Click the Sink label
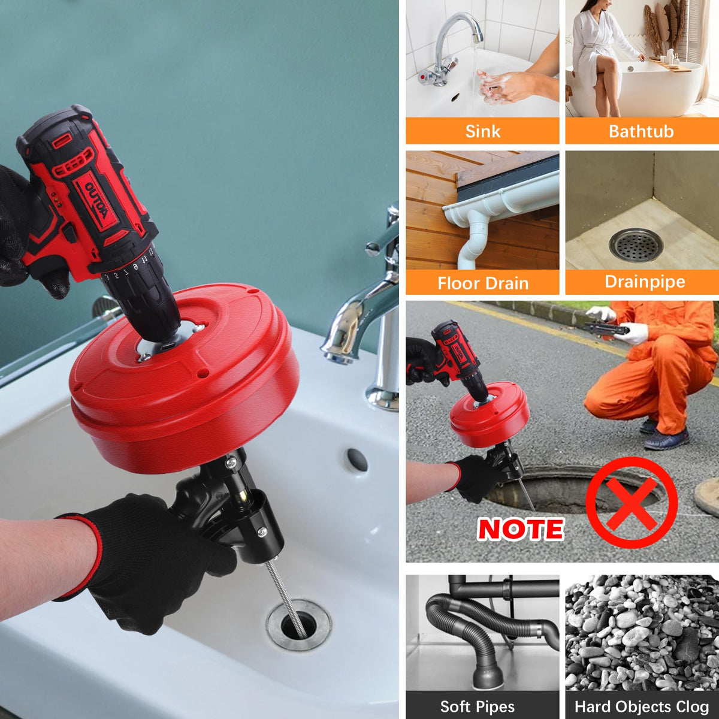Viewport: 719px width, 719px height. [482, 131]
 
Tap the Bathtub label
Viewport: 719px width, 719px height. [641, 131]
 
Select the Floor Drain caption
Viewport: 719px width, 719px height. [483, 283]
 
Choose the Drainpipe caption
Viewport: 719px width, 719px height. [645, 282]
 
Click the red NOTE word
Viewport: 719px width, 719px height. [521, 529]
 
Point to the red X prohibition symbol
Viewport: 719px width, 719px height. [632, 503]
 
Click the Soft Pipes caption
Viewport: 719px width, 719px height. [477, 696]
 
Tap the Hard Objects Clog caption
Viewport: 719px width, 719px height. [642, 696]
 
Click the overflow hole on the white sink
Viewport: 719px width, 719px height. [357, 460]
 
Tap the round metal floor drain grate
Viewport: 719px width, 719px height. [636, 245]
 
